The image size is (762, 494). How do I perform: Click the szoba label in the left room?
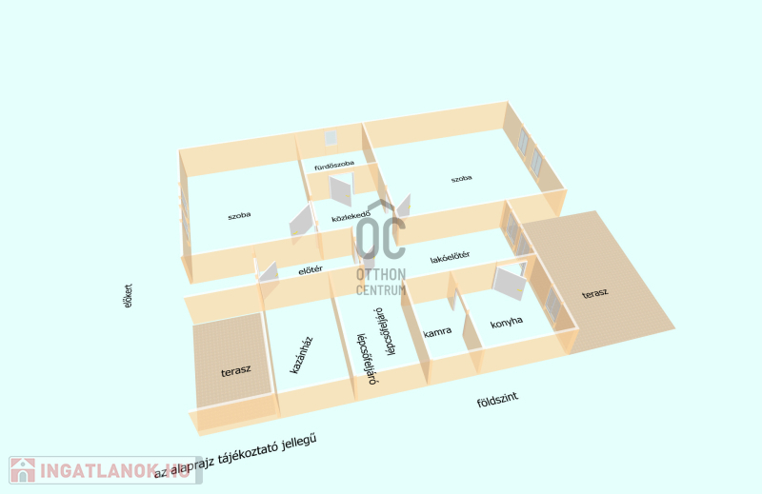[239, 216]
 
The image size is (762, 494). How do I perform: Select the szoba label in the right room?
[462, 178]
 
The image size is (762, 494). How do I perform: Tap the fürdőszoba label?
[334, 165]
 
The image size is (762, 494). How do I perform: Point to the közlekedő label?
[351, 218]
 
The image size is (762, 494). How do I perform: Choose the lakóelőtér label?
[450, 257]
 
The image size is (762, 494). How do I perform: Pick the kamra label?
[437, 332]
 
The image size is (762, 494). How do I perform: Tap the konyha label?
[507, 323]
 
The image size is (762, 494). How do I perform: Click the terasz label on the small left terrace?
[234, 369]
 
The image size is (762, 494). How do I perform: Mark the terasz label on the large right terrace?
[595, 295]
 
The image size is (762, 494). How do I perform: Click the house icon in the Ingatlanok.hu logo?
[23, 470]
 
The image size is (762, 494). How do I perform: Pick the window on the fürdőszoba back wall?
[331, 138]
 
